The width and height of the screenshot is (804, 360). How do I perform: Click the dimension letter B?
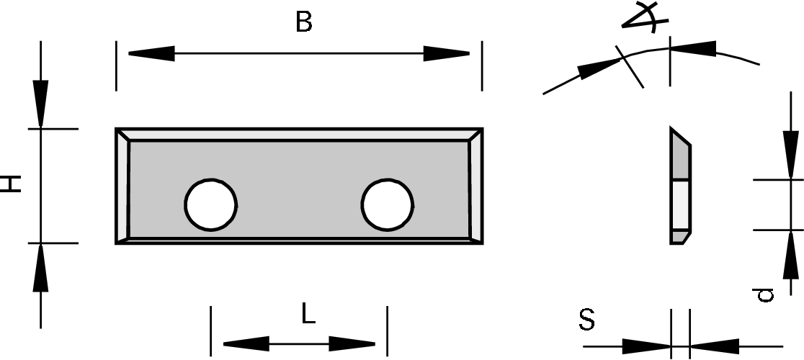304,22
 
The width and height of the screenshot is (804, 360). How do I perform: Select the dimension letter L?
308,315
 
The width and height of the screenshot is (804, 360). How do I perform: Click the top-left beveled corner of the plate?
123,135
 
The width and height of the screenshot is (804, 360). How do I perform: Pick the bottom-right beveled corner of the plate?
475,237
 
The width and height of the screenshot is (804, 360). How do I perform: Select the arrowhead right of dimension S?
713,346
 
